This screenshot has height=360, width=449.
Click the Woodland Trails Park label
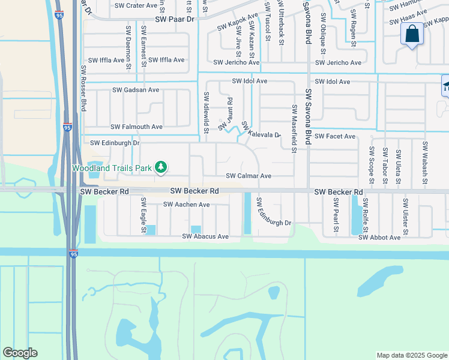pyautogui.click(x=112, y=168)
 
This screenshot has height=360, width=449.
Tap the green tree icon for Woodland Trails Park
pyautogui.click(x=160, y=167)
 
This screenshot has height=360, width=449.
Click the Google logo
pyautogui.click(x=20, y=353)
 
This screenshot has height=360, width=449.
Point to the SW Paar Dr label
pyautogui.click(x=176, y=19)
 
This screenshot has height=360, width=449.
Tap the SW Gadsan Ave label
pyautogui.click(x=136, y=90)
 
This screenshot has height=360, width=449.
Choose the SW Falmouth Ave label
pyautogui.click(x=136, y=127)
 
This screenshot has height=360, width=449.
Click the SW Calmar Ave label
pyautogui.click(x=249, y=176)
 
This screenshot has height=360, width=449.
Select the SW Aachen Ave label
pyautogui.click(x=187, y=205)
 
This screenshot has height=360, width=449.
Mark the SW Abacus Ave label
pyautogui.click(x=206, y=237)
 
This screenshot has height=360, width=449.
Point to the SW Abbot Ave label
pyautogui.click(x=379, y=238)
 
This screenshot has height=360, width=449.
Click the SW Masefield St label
pyautogui.click(x=294, y=128)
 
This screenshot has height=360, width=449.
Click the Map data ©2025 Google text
pyautogui.click(x=412, y=355)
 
